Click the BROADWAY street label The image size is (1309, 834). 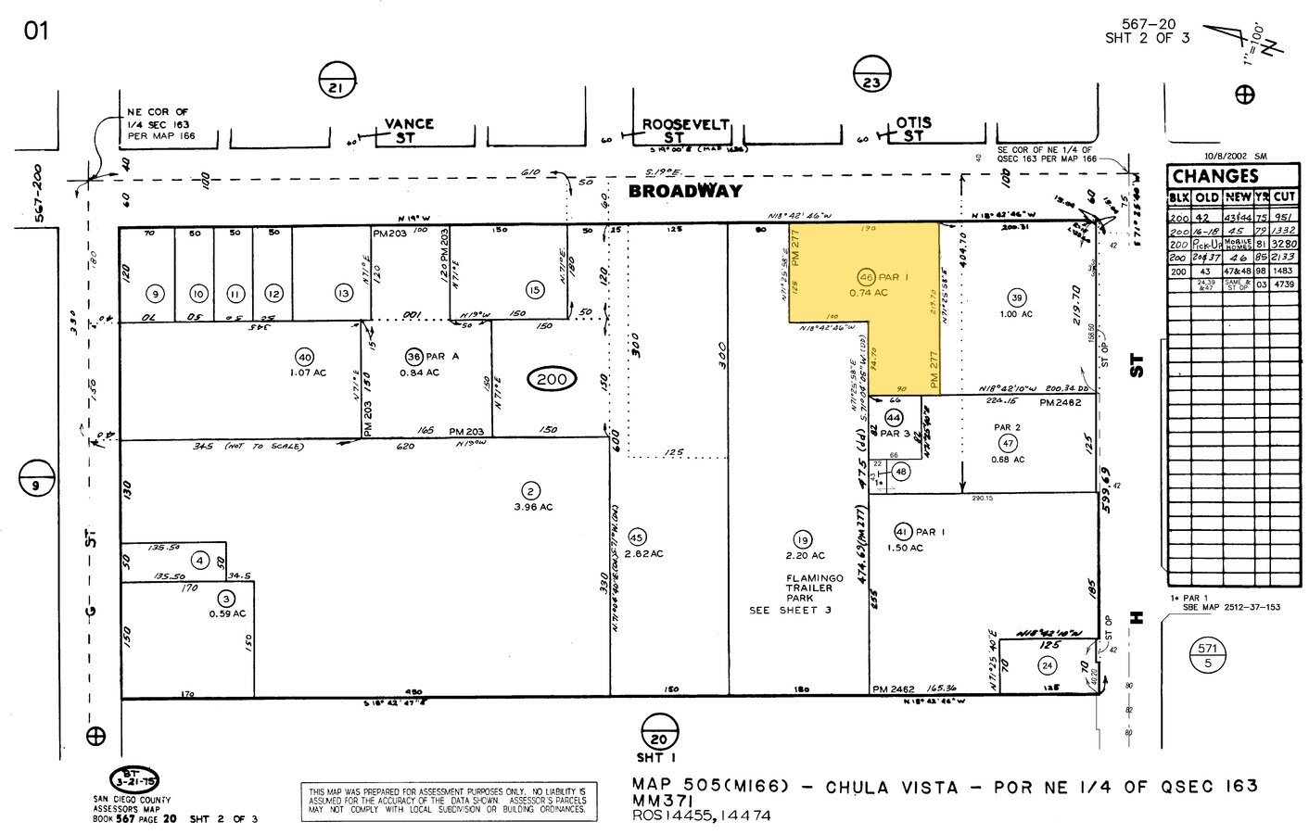(685, 191)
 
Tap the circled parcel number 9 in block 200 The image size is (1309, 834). (156, 294)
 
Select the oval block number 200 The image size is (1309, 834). (553, 378)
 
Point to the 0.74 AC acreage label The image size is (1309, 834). (870, 293)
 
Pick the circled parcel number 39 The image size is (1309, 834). (1017, 297)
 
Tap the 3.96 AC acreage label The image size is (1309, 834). (533, 507)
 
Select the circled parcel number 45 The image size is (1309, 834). (637, 537)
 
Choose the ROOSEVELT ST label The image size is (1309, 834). (686, 130)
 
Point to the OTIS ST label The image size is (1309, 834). (913, 130)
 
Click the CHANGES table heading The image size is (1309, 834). (1214, 176)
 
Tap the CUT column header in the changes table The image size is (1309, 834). (1284, 196)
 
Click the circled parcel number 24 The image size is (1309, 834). (1048, 665)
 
